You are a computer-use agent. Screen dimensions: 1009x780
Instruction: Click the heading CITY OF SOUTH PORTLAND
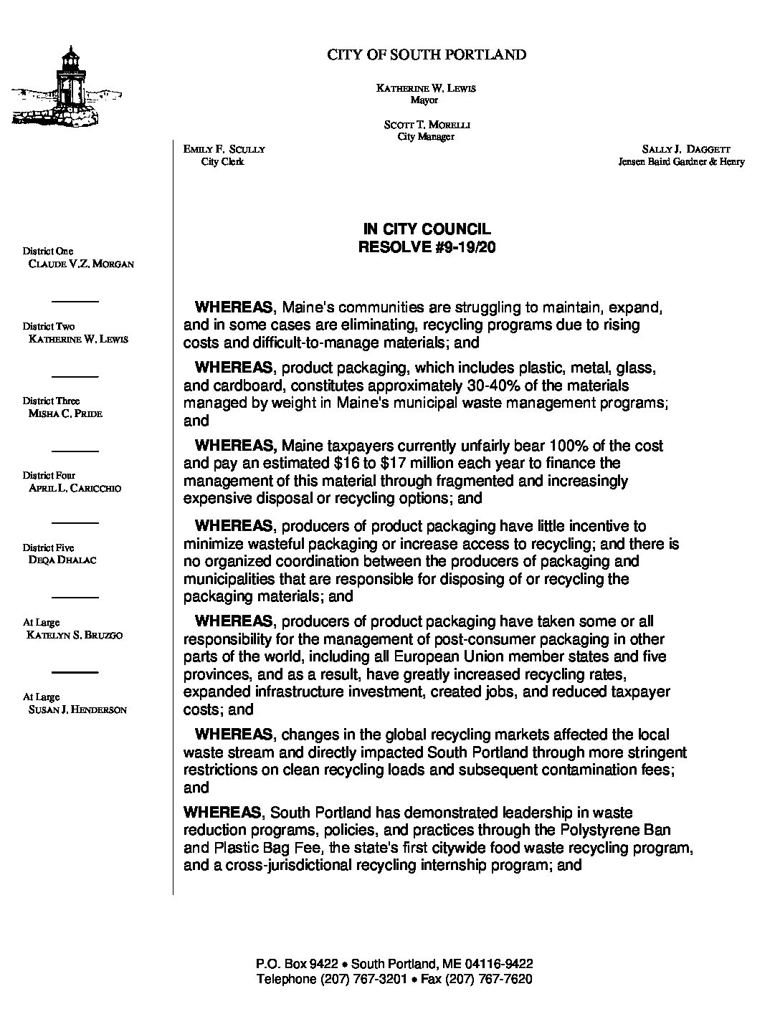click(427, 54)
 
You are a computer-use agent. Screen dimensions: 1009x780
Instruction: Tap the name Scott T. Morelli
click(427, 125)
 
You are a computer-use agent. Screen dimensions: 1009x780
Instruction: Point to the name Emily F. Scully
click(224, 149)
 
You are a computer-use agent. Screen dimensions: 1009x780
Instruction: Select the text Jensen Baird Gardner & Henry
click(681, 162)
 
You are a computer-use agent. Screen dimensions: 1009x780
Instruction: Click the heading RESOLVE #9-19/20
click(427, 248)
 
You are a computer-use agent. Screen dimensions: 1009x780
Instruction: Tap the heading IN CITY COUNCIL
click(427, 229)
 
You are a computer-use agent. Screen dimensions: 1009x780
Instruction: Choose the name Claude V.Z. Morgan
click(80, 264)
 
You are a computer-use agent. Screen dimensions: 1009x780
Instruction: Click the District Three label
click(51, 401)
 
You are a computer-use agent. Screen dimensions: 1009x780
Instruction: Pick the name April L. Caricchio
click(75, 488)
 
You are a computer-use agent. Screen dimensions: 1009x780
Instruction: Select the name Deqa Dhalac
click(62, 560)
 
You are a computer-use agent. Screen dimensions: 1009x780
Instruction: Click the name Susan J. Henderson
click(77, 710)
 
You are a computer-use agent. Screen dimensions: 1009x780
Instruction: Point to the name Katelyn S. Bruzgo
click(74, 635)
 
